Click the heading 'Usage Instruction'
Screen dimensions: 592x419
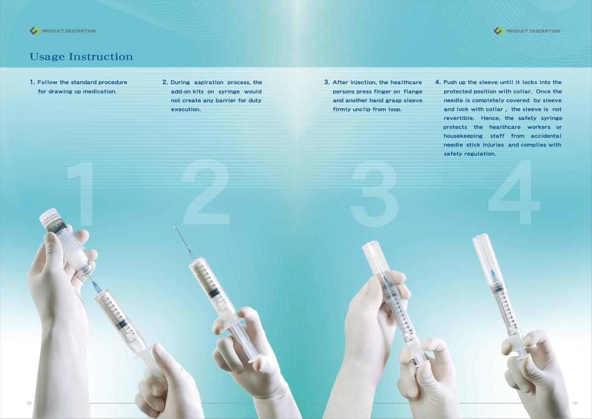coord(81,57)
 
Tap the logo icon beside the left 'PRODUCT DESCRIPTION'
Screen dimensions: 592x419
coord(35,31)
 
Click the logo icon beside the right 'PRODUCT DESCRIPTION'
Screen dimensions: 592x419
coord(499,31)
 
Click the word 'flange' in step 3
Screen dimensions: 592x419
coord(413,92)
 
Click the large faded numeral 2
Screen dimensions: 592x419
coord(206,192)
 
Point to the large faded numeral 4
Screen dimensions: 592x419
coord(514,192)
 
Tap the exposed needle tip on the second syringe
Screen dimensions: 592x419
coord(175,227)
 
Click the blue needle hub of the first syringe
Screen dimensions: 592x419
coord(97,287)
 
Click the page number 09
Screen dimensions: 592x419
coord(29,403)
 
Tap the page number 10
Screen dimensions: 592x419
coord(575,403)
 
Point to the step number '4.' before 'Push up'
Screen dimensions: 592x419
coord(438,82)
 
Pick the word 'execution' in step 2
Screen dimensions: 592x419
coord(186,109)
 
